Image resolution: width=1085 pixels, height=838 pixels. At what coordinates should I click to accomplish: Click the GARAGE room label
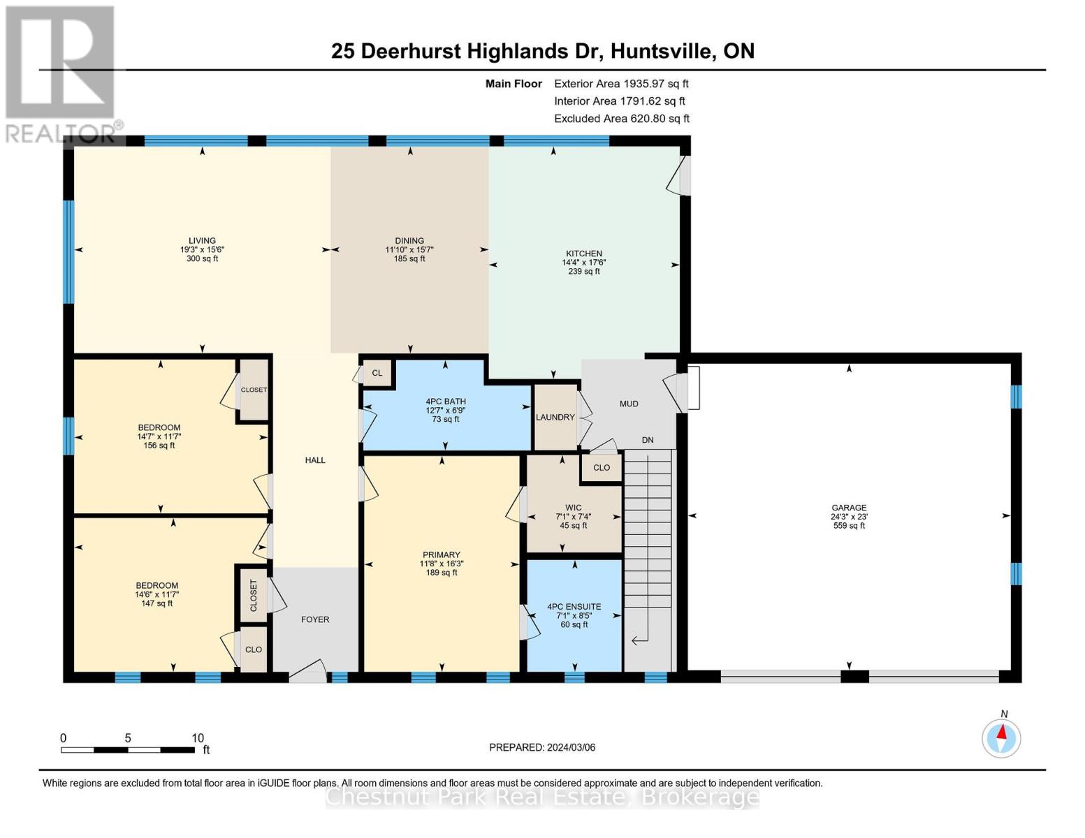(x=848, y=508)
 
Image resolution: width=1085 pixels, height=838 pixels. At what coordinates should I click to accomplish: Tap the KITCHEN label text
(x=583, y=253)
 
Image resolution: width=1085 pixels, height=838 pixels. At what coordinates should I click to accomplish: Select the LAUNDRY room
(x=555, y=417)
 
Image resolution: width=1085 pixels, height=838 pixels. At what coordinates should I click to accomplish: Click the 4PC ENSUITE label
(x=574, y=607)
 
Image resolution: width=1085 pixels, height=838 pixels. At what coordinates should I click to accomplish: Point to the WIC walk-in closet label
(x=573, y=508)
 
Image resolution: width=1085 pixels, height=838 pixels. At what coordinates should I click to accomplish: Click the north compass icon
(x=1001, y=737)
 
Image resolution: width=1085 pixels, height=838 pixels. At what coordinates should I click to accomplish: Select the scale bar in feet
(x=128, y=749)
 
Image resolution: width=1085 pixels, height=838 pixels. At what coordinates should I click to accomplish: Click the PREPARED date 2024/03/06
(x=542, y=747)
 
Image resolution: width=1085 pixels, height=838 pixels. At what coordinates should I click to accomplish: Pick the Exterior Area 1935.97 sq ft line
(x=621, y=84)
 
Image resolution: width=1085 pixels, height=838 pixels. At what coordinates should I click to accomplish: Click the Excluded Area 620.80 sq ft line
(x=621, y=119)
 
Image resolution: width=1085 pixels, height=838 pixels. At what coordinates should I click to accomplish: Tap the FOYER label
(x=315, y=619)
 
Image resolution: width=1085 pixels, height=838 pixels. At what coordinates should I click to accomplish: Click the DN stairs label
(x=648, y=440)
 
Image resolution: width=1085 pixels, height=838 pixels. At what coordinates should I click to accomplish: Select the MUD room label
(x=629, y=404)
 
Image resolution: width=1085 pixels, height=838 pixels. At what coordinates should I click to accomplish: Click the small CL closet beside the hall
(x=377, y=373)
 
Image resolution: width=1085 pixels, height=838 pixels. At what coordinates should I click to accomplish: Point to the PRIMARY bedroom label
(x=441, y=554)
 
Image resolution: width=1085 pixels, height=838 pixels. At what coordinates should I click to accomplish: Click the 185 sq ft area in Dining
(x=409, y=258)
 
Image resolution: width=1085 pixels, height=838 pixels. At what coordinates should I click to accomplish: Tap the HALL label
(x=315, y=460)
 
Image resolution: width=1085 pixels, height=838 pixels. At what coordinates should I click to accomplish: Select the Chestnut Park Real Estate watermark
(x=542, y=797)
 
